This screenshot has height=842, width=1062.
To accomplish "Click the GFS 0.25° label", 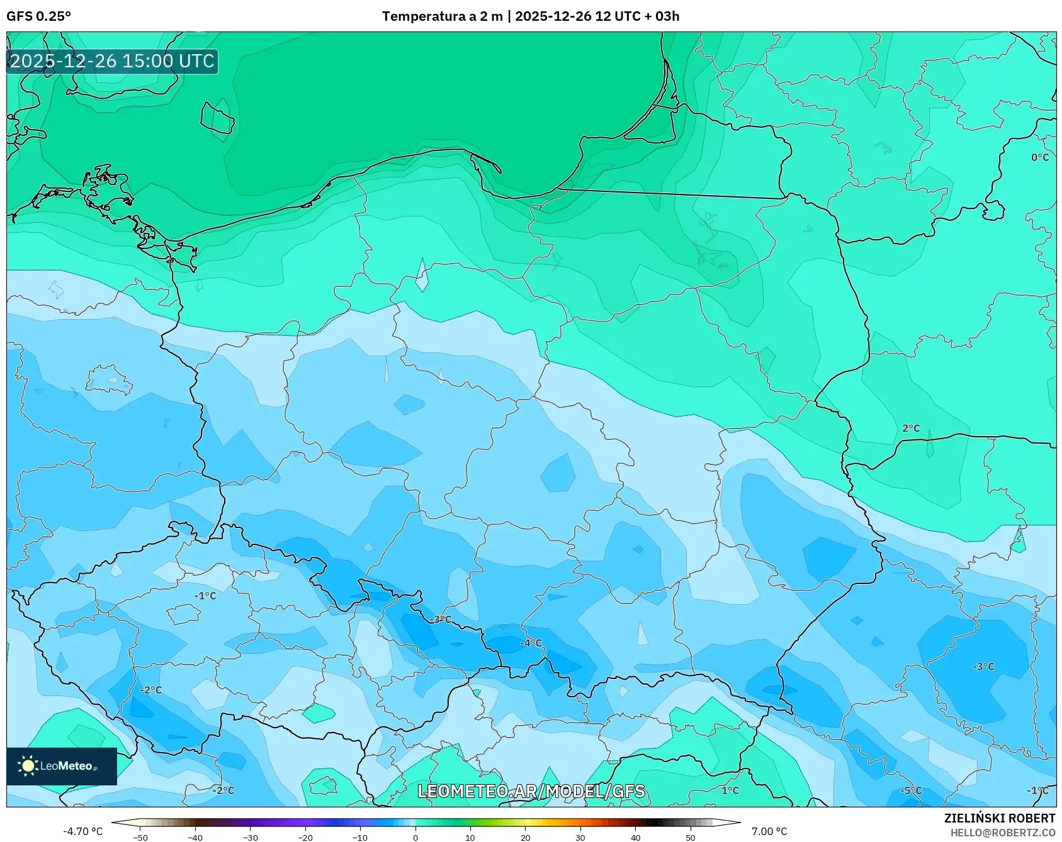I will (38, 16).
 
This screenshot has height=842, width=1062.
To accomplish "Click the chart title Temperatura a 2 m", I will (443, 16).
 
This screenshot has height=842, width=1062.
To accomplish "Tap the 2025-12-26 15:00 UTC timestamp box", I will (112, 61).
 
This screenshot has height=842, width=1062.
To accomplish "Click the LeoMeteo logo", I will (62, 766).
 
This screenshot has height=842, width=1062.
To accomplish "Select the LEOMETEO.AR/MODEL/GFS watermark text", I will (531, 791).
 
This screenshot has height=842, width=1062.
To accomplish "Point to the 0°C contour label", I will (1039, 157).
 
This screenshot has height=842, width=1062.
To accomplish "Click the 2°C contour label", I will (911, 428).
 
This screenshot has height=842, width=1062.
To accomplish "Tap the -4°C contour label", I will (531, 643).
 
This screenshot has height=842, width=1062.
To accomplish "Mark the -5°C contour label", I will (910, 790).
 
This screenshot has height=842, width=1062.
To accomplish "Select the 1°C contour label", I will (730, 790).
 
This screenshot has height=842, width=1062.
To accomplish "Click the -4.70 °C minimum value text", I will (82, 831).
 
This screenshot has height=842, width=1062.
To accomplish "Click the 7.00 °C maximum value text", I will (769, 831).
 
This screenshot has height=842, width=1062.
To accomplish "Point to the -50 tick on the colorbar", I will (140, 838).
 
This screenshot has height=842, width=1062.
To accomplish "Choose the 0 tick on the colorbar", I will (415, 838).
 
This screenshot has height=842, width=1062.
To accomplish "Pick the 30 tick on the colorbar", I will (580, 838).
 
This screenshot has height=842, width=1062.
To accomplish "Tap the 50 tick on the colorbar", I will (690, 838).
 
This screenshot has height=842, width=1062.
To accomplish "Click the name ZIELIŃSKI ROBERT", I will (999, 818).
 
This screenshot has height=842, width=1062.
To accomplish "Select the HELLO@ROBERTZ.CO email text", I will (1002, 833).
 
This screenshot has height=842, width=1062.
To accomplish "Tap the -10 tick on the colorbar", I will (360, 838).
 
